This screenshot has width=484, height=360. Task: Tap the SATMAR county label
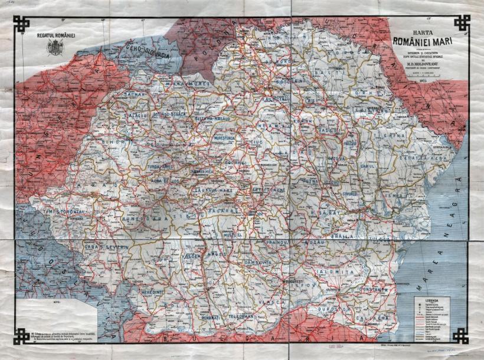(135, 93)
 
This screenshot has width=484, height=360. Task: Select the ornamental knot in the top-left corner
(22, 24)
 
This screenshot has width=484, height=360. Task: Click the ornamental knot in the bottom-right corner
(462, 336)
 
